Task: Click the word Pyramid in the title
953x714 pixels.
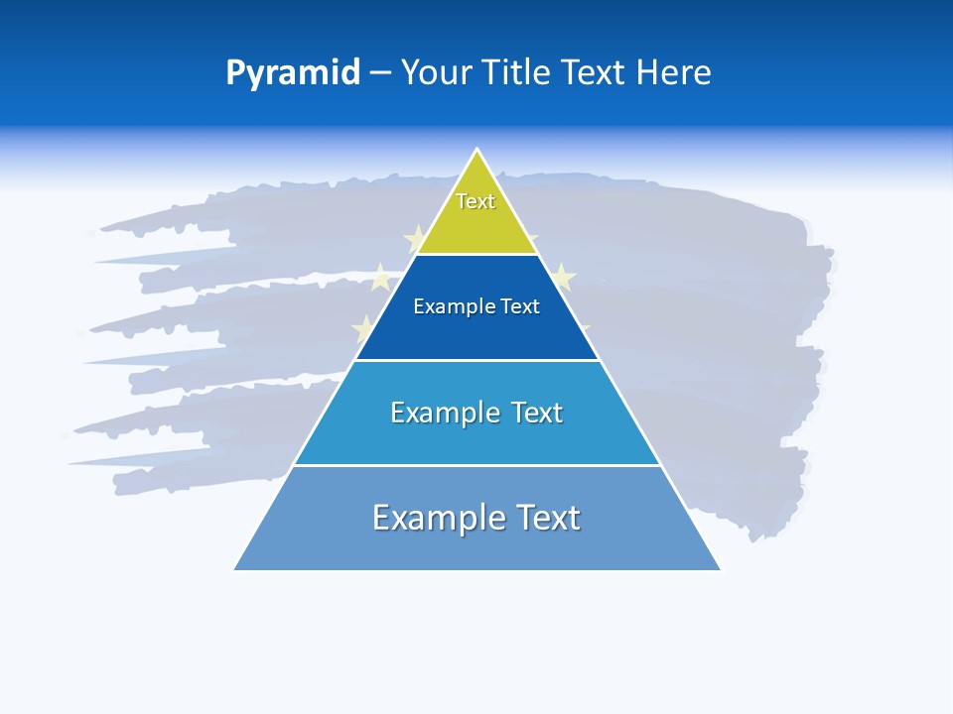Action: [x=293, y=73]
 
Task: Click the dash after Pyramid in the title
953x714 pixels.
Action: [x=380, y=73]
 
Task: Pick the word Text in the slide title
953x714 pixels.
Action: [x=594, y=72]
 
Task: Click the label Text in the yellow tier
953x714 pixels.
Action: [x=476, y=201]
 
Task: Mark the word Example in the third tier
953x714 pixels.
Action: [x=443, y=413]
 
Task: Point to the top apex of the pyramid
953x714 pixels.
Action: [x=477, y=150]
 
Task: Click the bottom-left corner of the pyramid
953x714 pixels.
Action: [x=234, y=570]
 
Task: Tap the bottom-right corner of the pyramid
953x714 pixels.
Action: [x=721, y=570]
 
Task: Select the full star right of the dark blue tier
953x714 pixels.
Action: [x=562, y=277]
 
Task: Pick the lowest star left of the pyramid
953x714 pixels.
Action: [x=364, y=327]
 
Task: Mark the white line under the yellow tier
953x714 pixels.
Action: [x=477, y=255]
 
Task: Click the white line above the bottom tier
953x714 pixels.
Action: [x=477, y=465]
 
